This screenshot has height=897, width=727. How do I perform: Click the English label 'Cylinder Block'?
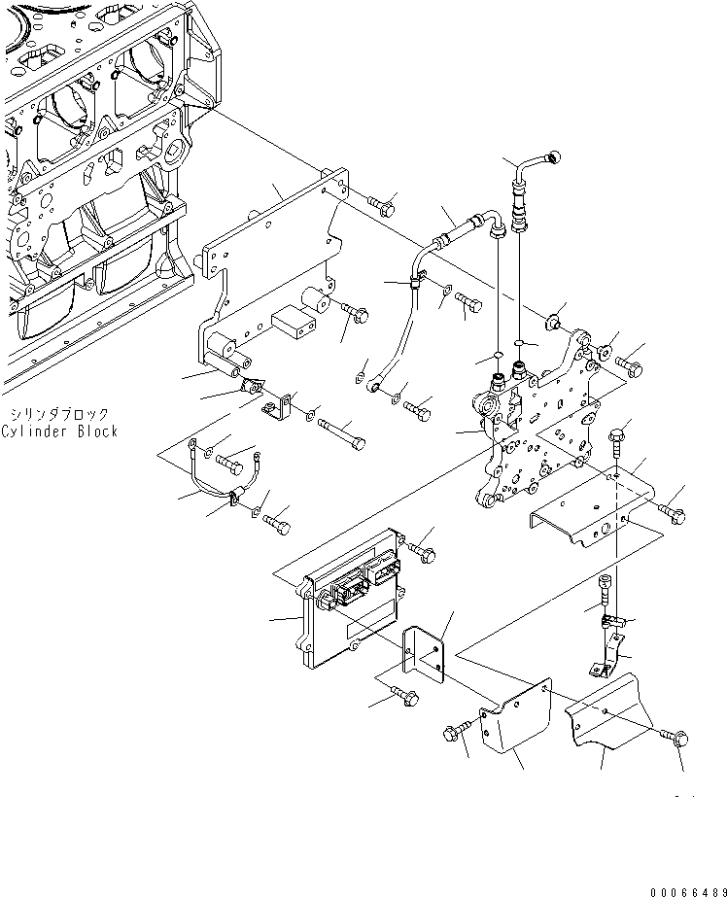(58, 431)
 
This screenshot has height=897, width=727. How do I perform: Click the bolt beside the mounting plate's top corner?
(381, 205)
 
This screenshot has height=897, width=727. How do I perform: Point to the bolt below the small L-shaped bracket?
(400, 696)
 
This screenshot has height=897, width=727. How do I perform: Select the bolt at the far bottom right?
(677, 739)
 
